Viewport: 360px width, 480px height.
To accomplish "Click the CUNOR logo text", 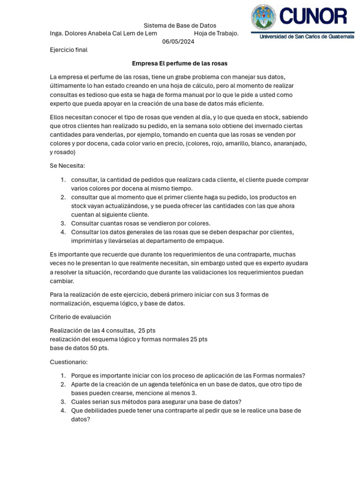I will click(x=314, y=17).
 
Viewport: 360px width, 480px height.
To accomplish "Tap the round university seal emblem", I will click(x=264, y=17).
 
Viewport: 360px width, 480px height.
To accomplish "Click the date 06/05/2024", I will click(x=178, y=41).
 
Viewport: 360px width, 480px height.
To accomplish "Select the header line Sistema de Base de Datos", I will click(x=180, y=25).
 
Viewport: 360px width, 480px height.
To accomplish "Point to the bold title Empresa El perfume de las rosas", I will click(x=180, y=63).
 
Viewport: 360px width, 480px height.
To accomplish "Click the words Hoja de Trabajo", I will click(x=216, y=33).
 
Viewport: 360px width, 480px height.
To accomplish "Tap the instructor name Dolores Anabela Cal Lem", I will click(x=104, y=33).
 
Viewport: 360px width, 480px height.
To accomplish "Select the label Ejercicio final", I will click(x=68, y=50).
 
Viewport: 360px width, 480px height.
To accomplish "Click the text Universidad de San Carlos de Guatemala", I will click(x=307, y=37).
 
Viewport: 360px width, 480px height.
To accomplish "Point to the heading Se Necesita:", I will click(x=67, y=166).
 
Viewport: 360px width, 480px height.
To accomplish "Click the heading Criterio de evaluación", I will click(x=80, y=317).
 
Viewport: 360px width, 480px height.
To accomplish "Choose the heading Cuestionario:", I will click(x=68, y=362).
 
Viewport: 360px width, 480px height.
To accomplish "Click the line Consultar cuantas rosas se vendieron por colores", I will click(x=141, y=223).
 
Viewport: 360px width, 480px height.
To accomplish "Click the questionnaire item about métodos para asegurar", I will click(x=156, y=402).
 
